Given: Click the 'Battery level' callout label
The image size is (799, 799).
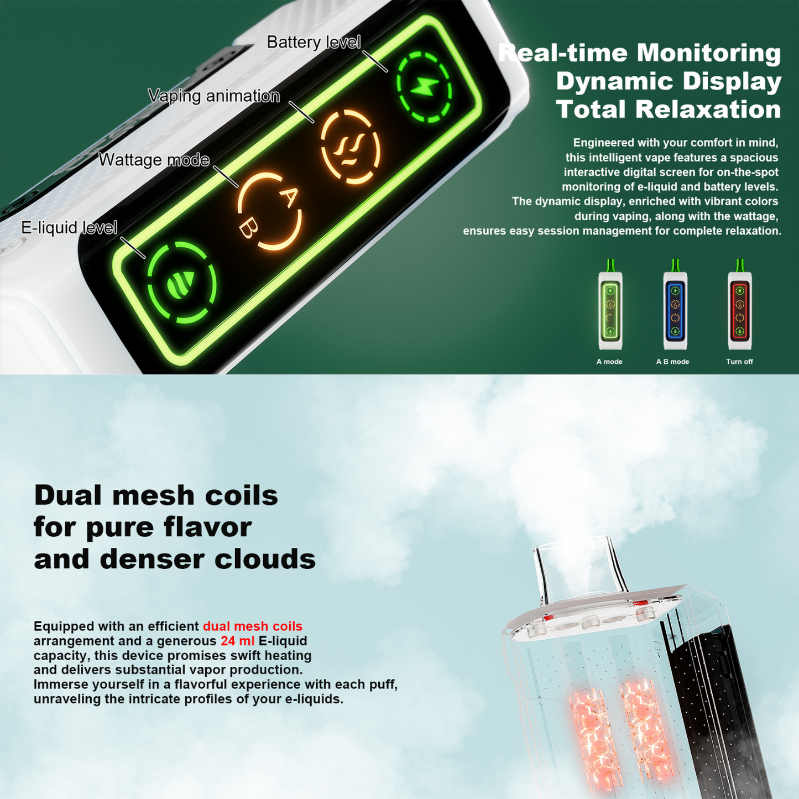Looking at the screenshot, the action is [314, 42].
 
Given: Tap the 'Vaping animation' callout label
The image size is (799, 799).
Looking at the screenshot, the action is [214, 96].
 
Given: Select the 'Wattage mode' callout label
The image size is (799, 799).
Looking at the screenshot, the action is [154, 160].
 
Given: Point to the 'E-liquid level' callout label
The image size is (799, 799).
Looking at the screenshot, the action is [69, 227].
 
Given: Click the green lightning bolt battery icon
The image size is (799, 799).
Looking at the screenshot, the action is [424, 87].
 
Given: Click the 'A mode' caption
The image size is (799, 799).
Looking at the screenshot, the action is [609, 362].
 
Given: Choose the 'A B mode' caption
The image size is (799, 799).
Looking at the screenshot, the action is [672, 362].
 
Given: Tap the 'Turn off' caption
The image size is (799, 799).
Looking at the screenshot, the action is [739, 362].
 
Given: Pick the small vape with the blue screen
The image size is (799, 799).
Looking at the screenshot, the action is [675, 305].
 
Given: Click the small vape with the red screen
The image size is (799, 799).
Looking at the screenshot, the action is [740, 305].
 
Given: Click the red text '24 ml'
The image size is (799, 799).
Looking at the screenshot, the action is [238, 641].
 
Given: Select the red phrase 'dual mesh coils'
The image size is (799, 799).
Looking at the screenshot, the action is [253, 626].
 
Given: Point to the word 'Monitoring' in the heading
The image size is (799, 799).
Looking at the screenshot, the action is [709, 53].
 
